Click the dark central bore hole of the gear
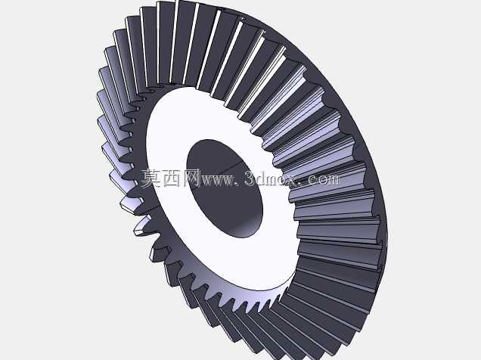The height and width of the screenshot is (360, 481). click(x=225, y=188)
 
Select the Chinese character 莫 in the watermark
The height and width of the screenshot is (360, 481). click(x=151, y=178)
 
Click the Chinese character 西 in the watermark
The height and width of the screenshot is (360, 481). click(x=172, y=178)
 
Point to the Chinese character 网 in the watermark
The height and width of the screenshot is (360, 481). click(x=192, y=178)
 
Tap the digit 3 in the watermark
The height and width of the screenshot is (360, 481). click(x=250, y=178)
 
